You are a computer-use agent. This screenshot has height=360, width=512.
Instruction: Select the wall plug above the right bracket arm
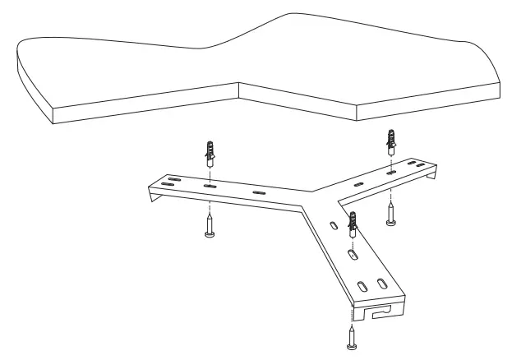point(391,144)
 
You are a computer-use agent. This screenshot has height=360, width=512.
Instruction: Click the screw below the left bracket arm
point(210,224)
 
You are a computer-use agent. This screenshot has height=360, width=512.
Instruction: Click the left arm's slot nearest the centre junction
point(260,193)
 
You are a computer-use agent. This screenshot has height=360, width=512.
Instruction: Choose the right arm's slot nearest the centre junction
point(357,185)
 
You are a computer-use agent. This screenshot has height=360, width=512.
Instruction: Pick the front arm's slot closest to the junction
point(333,226)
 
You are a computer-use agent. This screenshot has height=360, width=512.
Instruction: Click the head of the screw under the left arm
point(210,234)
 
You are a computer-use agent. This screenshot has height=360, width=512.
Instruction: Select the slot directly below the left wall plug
point(210,187)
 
